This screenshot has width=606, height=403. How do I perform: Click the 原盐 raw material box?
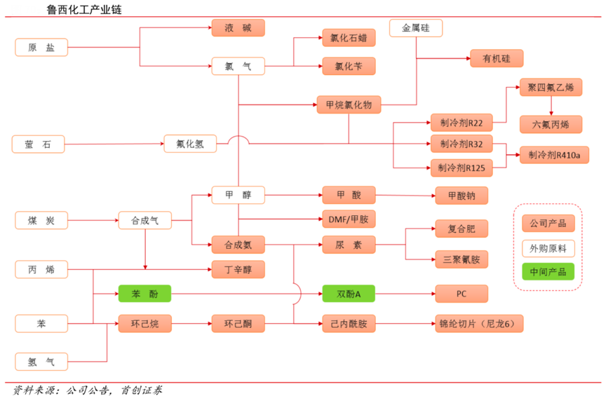41,48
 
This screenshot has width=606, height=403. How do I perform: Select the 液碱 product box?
238,29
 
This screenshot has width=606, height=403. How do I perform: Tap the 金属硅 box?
416,29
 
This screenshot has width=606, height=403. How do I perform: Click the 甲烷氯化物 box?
349,105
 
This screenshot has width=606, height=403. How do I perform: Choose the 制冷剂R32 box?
462,144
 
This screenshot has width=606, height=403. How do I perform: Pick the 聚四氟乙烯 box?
551,87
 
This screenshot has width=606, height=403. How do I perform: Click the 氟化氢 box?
190,144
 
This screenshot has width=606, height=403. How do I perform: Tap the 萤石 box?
38,144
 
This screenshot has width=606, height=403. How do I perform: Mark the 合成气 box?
144,221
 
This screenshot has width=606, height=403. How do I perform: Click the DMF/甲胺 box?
349,220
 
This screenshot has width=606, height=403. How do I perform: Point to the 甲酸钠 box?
461,196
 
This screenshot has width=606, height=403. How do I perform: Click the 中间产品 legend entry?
548,272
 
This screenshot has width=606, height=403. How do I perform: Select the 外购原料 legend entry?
548,248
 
